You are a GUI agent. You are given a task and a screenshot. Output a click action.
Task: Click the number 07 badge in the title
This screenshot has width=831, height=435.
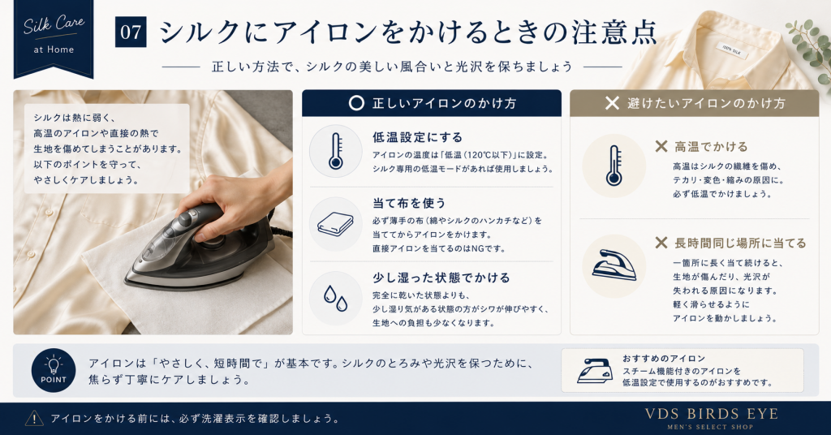[131, 32]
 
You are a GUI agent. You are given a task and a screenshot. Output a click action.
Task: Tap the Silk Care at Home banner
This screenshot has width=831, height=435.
[54, 37]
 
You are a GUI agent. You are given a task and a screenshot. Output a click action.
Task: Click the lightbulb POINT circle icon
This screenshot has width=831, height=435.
[54, 370]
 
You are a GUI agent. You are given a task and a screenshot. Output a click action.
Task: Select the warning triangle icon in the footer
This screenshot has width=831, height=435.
[34, 418]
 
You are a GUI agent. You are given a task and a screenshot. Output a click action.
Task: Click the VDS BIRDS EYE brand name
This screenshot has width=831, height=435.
[711, 414]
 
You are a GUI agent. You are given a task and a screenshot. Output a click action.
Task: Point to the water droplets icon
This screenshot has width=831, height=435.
[335, 299]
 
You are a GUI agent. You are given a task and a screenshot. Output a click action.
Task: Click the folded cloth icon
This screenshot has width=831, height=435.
[335, 224]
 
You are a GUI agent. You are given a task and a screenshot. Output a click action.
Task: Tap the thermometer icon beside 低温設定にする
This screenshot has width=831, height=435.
[335, 151]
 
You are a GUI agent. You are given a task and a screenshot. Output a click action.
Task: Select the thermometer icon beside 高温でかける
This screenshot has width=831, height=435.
[614, 166]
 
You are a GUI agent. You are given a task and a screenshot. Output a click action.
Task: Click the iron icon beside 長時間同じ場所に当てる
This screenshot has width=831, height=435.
[614, 265]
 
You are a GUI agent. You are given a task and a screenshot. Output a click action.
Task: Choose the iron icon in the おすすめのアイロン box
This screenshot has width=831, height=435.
[595, 370]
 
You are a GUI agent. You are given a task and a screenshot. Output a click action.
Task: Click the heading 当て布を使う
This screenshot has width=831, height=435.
[409, 203]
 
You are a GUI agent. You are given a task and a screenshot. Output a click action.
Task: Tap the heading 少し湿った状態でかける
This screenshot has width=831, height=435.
[441, 278]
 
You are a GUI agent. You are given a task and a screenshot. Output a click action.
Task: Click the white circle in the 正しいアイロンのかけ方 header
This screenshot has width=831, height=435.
[357, 103]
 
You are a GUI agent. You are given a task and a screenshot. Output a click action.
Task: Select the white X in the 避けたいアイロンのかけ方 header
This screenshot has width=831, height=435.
[612, 103]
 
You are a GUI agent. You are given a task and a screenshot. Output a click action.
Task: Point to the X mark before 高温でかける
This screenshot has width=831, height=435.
[661, 146]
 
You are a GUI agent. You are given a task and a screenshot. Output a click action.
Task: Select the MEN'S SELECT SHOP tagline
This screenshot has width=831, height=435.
[710, 427]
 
